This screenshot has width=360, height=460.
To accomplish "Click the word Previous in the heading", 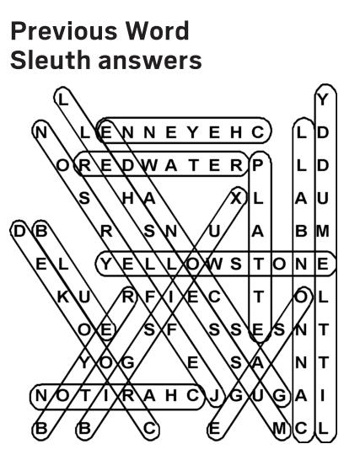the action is pos(63,31).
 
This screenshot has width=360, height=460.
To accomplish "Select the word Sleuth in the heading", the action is pos(51,60).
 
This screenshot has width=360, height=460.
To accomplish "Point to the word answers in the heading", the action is pos(150,62).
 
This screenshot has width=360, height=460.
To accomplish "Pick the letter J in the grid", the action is pos(215,396).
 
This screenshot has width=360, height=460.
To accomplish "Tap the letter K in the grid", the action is pos(63,297).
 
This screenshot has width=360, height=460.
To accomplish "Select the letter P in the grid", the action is pos(257,166).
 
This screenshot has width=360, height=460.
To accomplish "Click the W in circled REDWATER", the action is pos(150,166).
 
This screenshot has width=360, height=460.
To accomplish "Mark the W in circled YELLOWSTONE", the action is pos(215,265).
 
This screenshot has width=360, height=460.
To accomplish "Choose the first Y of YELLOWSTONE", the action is pos(106,265).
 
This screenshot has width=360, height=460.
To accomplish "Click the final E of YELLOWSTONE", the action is pos(323,265).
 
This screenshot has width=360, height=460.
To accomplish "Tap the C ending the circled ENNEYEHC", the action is pos(257,132).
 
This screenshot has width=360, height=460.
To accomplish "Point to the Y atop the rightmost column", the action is pos(323,100).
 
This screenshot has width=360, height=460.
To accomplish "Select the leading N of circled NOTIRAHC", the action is pos(40,396).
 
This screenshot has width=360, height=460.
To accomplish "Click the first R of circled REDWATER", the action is pos(85,166).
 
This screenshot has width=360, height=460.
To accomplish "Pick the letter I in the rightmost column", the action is pos(323,396).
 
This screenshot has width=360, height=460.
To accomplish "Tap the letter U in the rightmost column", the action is pos(323,199).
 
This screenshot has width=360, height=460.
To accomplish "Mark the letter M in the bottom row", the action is pos(279,429).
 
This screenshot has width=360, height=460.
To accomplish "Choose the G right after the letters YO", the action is pos(128,363).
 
